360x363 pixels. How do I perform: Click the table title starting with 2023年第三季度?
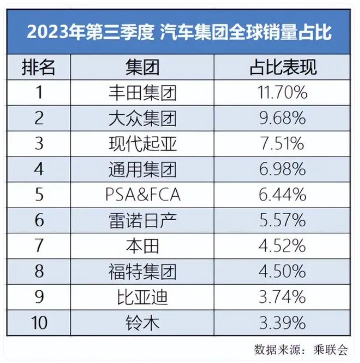tap(179, 32)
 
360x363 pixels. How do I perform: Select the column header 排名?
tap(38, 67)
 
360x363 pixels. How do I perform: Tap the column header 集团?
tap(143, 67)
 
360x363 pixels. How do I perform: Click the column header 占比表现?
tap(283, 67)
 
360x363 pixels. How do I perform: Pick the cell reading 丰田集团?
tap(143, 93)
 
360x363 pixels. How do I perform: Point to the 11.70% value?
tap(282, 93)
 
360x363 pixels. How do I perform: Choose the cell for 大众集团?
tap(143, 118)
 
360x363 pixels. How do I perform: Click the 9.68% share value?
tap(282, 118)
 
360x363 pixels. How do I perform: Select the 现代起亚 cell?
tap(143, 144)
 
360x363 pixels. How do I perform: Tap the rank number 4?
tap(39, 169)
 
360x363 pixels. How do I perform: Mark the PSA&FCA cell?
tap(143, 195)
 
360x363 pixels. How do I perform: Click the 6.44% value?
tap(282, 195)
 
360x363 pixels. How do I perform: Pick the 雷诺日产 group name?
tap(143, 220)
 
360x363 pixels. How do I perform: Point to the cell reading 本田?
tap(143, 246)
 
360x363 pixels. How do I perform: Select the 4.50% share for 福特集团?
tap(282, 271)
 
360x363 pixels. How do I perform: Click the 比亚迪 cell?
tap(143, 297)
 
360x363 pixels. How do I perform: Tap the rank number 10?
tap(39, 323)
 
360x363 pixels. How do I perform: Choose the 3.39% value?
tap(282, 322)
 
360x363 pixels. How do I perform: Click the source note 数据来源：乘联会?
tap(301, 349)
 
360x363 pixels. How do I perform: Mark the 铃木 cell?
tap(143, 323)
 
